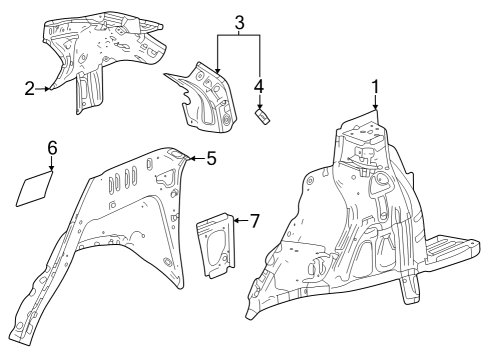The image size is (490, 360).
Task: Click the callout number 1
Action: click(376, 87)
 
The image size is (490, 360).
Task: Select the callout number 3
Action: click(239, 21)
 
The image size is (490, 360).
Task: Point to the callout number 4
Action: click(259, 87)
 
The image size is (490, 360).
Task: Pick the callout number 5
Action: click(211, 158)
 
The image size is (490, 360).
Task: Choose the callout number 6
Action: click(52, 148)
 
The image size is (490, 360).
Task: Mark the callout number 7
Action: click(254, 219)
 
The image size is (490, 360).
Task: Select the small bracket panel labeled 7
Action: click(215, 243)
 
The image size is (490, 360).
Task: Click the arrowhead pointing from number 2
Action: click(50, 89)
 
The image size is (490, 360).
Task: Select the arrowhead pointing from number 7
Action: click(236, 219)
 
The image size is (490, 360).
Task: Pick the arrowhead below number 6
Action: click(52, 171)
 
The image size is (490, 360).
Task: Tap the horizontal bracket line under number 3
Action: click(239, 35)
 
